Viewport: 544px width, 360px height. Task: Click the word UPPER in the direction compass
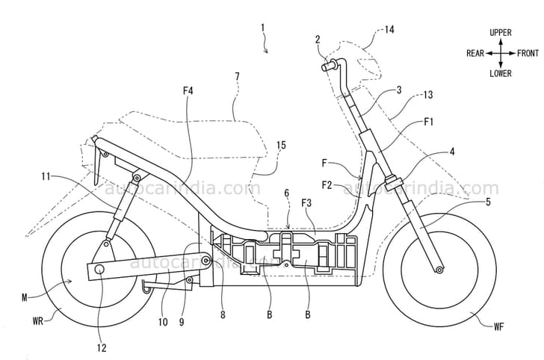(500, 34)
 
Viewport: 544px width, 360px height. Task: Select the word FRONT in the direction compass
(528, 53)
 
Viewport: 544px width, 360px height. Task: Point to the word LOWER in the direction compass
(500, 73)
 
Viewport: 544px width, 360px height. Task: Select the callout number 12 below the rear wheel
(102, 347)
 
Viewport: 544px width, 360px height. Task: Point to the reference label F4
(188, 91)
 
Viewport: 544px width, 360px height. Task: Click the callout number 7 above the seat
(237, 76)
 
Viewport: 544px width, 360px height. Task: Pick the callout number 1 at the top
(262, 28)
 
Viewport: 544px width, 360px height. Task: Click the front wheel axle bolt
(439, 269)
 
